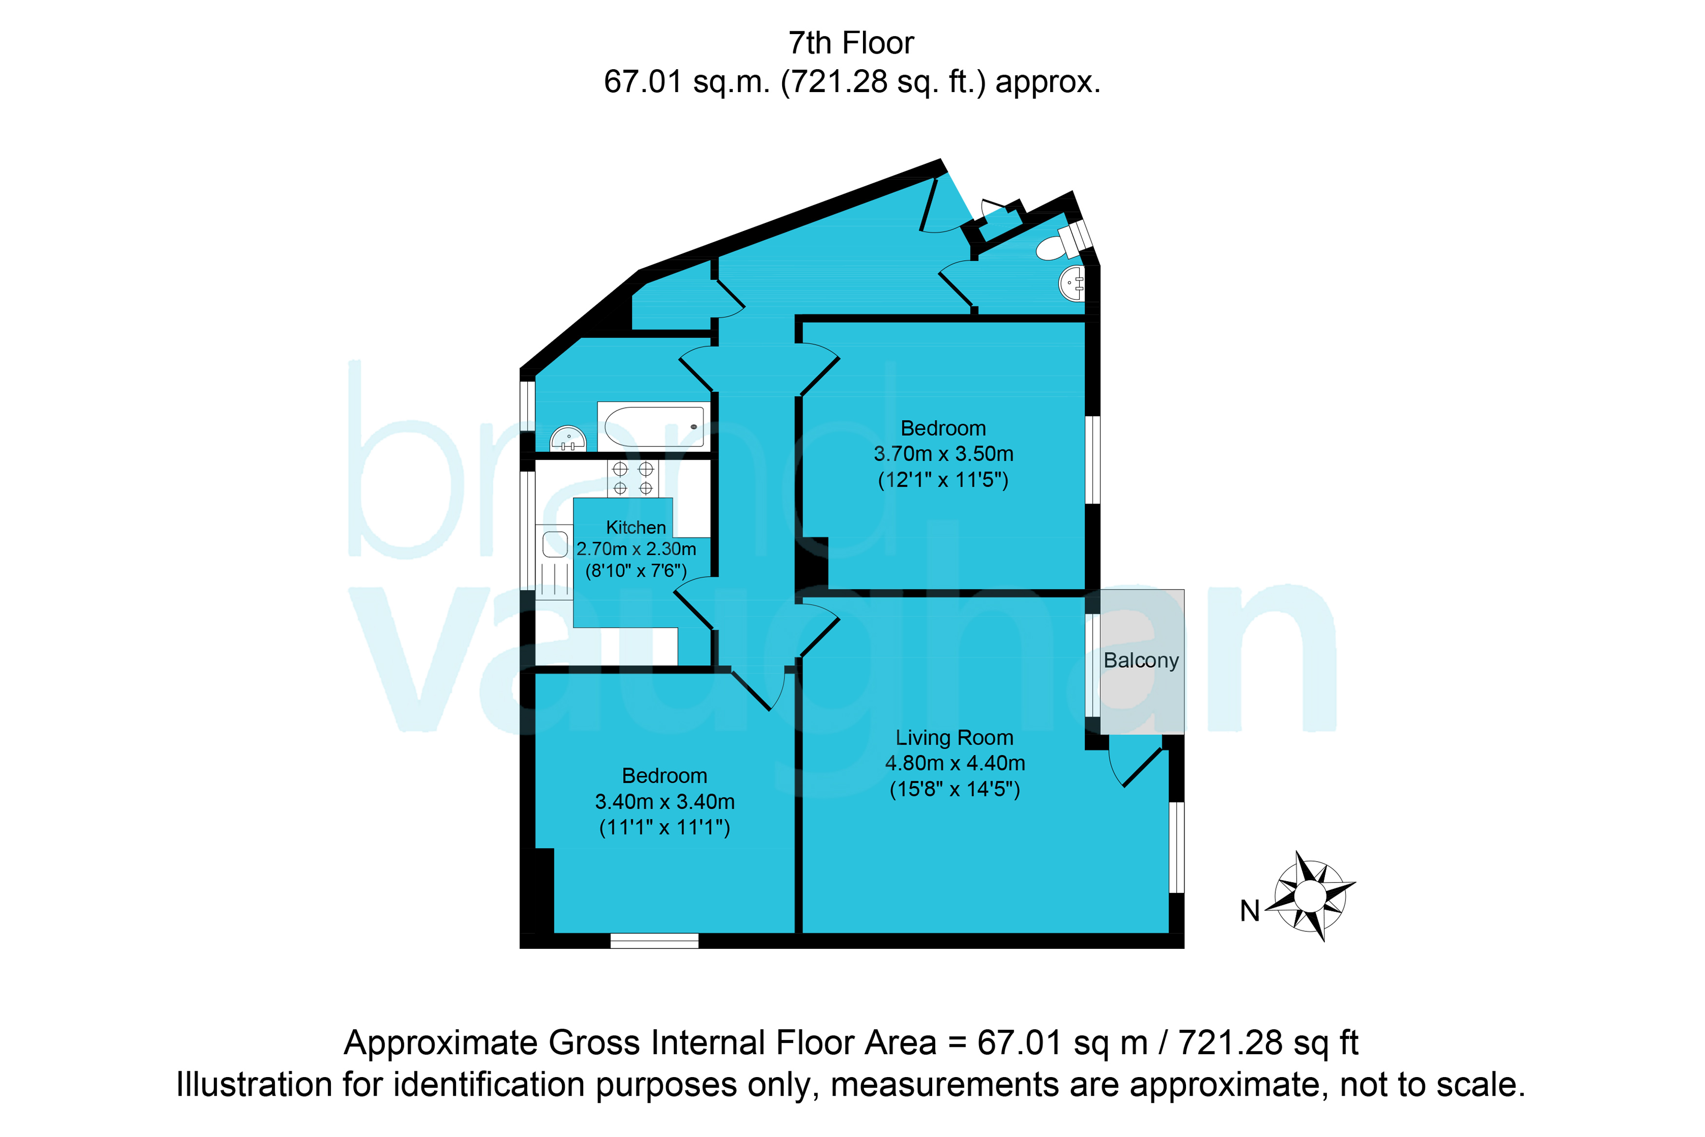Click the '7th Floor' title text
tap(851, 43)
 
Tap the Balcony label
tap(1141, 660)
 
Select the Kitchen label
tap(636, 527)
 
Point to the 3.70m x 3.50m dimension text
tap(943, 454)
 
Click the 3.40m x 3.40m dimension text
tap(665, 802)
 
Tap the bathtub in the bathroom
tap(654, 426)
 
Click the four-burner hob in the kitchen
tap(633, 479)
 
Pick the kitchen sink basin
tap(556, 544)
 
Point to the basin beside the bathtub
tap(568, 439)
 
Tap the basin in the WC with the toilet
tap(1072, 283)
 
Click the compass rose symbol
tap(1311, 896)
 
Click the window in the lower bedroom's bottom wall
tap(654, 941)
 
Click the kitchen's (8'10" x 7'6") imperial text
tap(636, 571)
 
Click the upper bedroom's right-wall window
tap(1092, 459)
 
